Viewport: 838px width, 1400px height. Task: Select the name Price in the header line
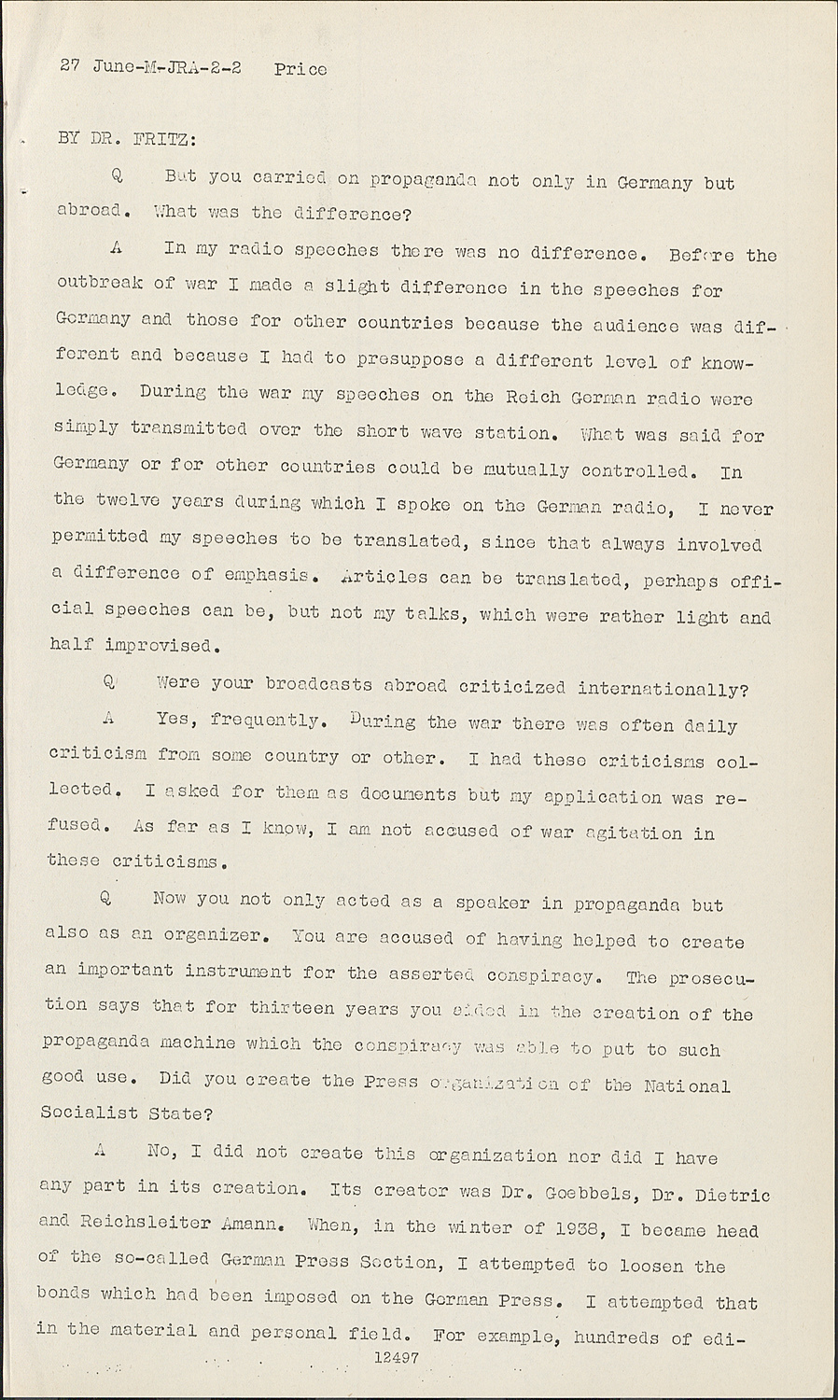(300, 69)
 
